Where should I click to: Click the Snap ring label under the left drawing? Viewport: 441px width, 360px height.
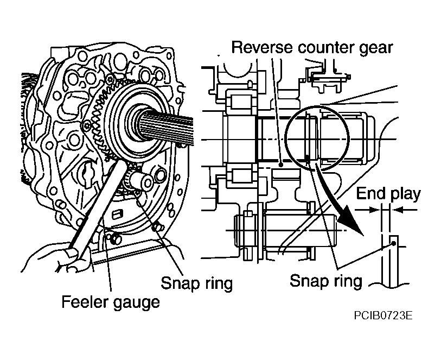pyautogui.click(x=196, y=283)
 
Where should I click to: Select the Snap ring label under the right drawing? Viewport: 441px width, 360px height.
pyautogui.click(x=325, y=281)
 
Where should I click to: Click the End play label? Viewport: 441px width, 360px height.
pyautogui.click(x=388, y=194)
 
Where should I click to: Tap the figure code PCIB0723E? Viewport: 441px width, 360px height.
pyautogui.click(x=383, y=315)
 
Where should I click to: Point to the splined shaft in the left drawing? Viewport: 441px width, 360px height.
pyautogui.click(x=166, y=128)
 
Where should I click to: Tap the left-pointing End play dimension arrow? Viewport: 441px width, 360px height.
pyautogui.click(x=405, y=210)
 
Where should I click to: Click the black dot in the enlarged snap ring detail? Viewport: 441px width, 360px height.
pyautogui.click(x=393, y=243)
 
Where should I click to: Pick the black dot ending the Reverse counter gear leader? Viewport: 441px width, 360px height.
pyautogui.click(x=280, y=164)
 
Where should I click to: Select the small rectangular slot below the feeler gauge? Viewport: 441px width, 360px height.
pyautogui.click(x=117, y=214)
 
